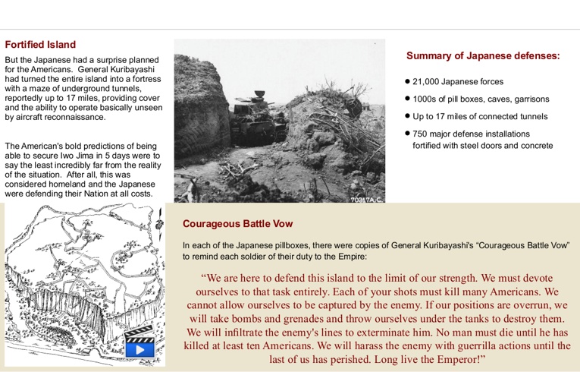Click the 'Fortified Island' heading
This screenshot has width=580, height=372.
click(x=40, y=45)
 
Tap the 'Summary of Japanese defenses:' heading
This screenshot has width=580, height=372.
click(x=483, y=55)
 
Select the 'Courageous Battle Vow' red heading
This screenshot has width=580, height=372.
click(x=237, y=224)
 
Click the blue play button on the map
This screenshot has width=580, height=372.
click(x=140, y=349)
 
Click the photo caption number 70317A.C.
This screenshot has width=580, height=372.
click(x=366, y=199)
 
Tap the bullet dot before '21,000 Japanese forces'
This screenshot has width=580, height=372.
click(x=408, y=80)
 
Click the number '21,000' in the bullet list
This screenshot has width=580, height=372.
click(x=428, y=81)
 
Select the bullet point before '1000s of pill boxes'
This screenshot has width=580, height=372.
click(x=408, y=99)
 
